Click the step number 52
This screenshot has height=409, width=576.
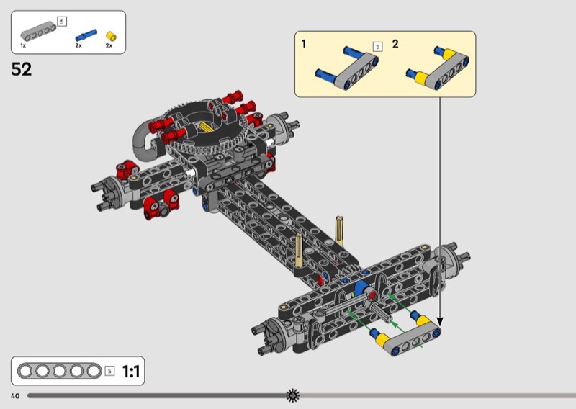coord(22,69)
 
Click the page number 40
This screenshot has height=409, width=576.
coord(15,396)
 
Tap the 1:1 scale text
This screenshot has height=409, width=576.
coord(131,371)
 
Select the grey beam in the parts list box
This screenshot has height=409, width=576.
coord(38,31)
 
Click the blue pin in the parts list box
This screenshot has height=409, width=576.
coord(86,35)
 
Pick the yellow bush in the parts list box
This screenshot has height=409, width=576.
coord(111,36)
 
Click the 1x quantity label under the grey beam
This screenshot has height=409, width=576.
coord(23,45)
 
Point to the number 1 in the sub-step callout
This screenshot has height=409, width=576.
coord(303,44)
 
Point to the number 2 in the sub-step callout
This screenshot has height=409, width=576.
coord(395,44)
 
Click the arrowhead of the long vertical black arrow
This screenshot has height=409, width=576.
coord(440,322)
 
